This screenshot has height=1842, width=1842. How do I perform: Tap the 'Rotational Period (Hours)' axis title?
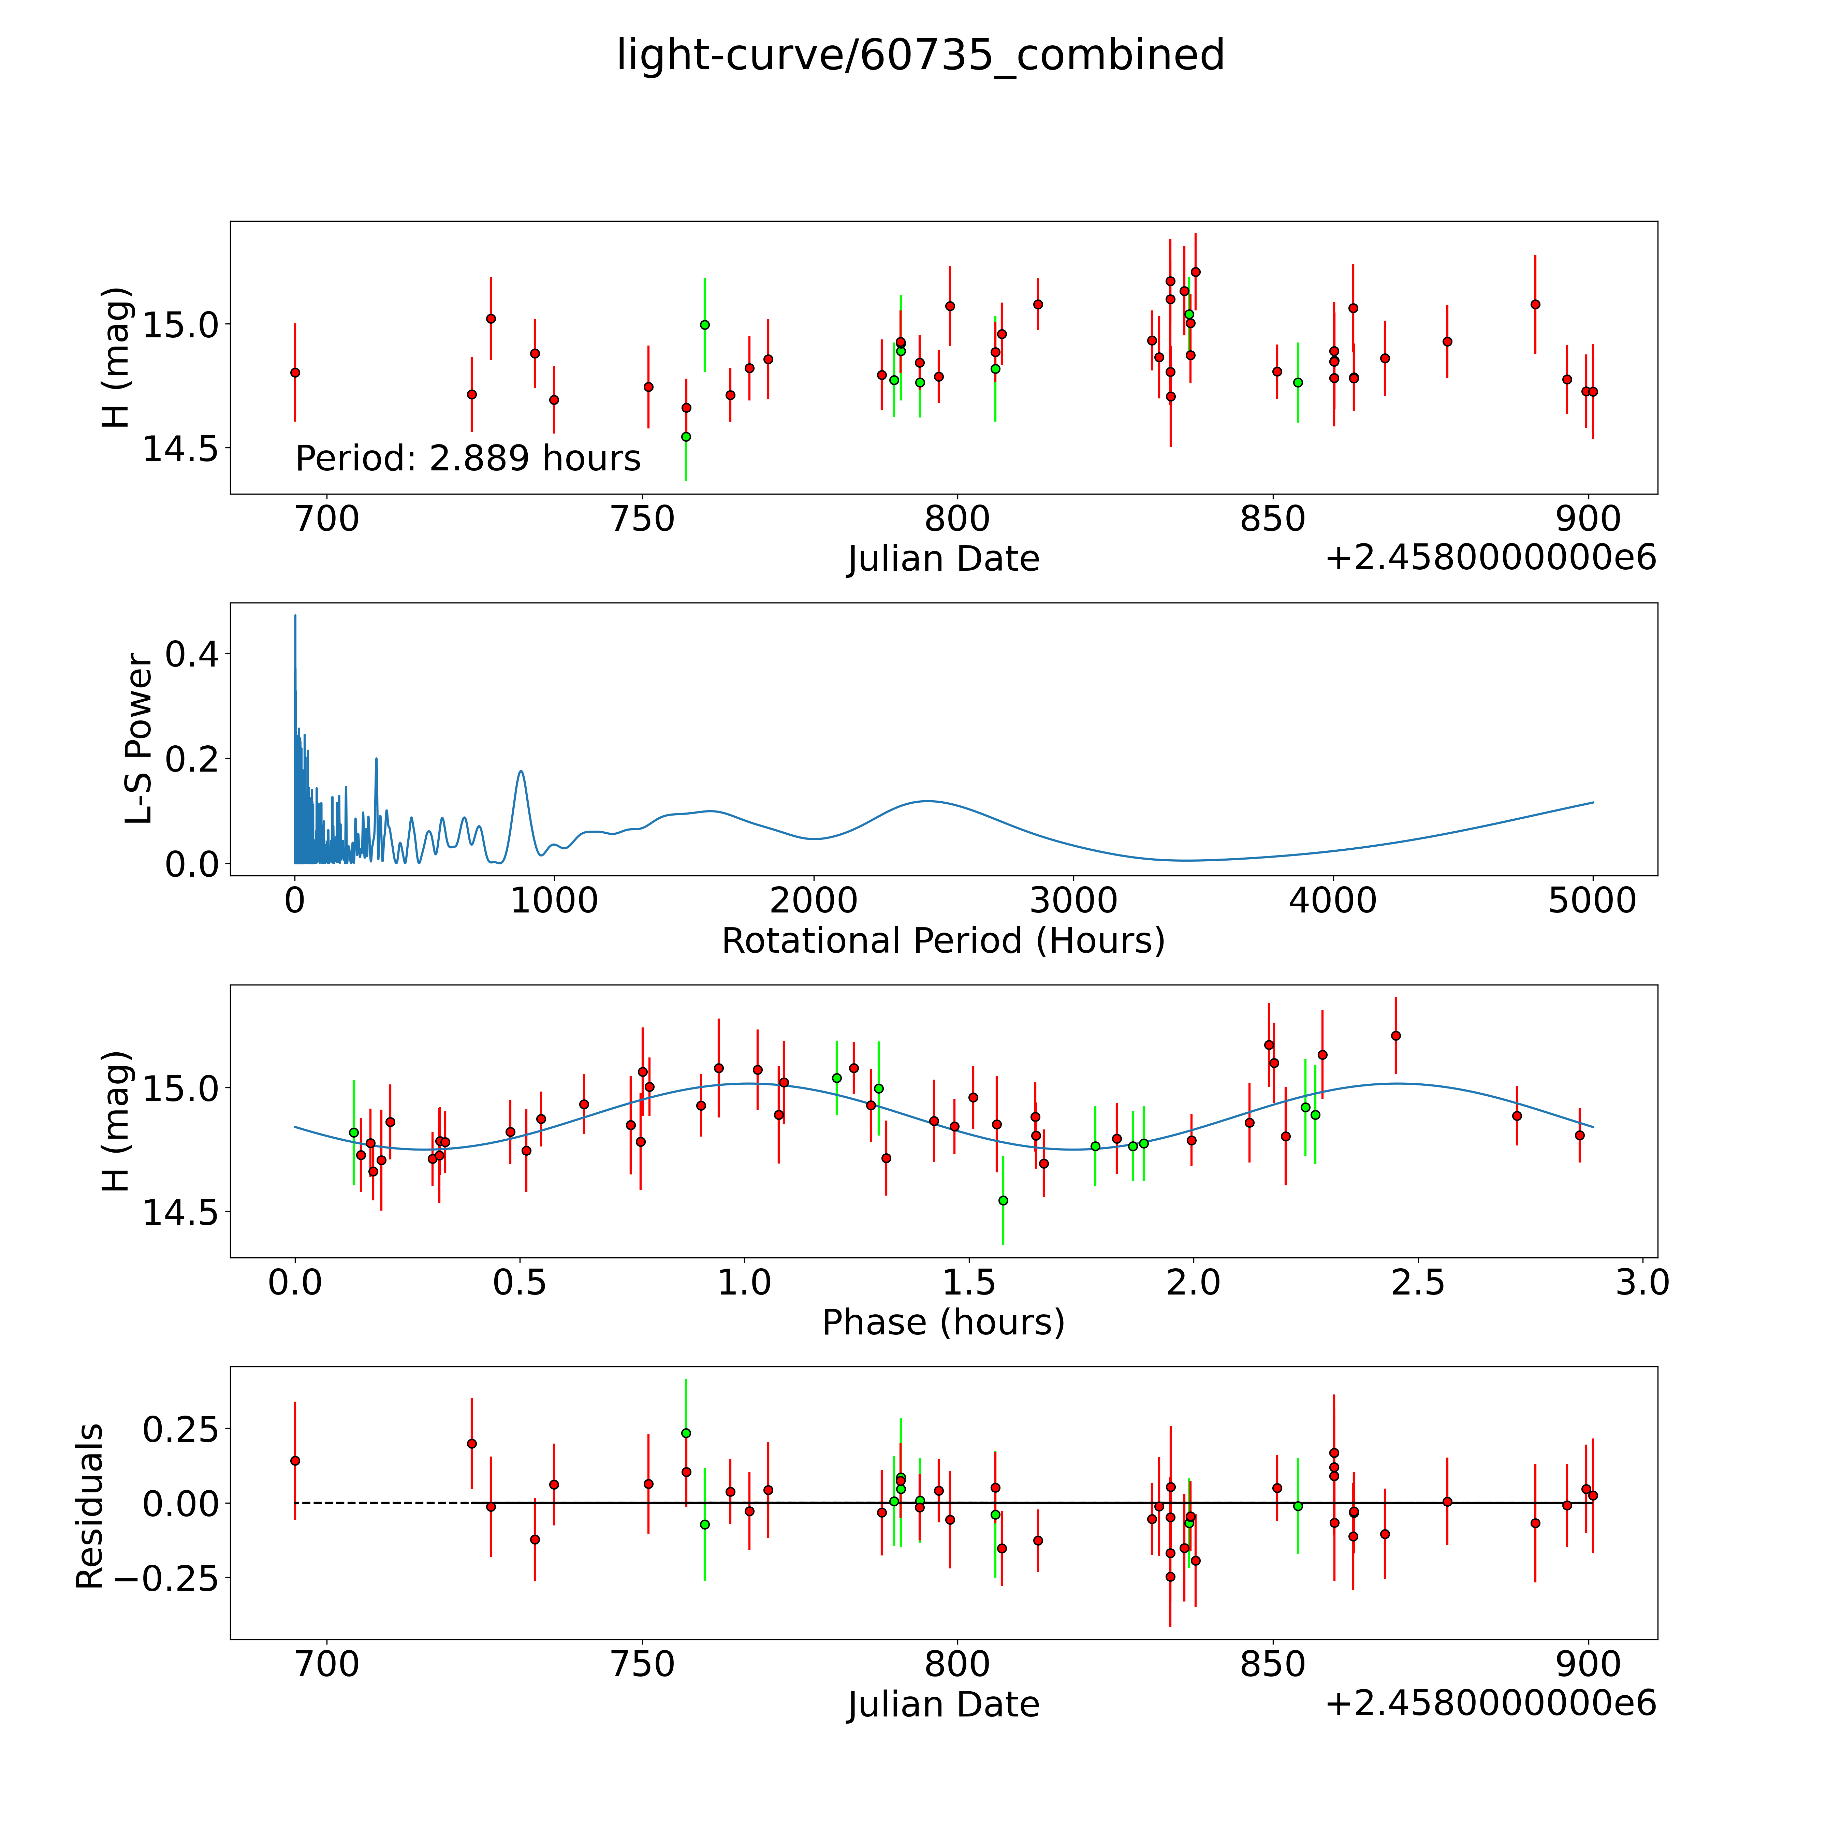coord(943,941)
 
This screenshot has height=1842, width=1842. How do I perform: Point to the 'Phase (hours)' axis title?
coord(943,1322)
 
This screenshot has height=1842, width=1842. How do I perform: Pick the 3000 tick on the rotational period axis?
coord(1073,900)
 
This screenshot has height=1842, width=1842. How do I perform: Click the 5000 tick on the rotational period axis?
coord(1592,900)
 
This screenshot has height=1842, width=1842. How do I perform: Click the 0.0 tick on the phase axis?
coord(295,1282)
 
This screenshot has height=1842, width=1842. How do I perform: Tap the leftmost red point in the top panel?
coord(295,373)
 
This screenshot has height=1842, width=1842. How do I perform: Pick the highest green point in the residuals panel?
coord(686,1433)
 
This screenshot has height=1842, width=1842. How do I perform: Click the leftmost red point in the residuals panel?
coord(295,1461)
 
